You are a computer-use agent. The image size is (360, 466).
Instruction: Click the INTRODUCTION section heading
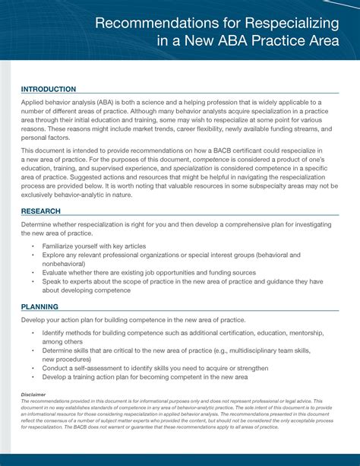click(x=49, y=89)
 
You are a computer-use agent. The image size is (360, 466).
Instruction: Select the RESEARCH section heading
click(x=41, y=211)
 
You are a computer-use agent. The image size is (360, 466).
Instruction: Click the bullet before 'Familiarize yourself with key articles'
click(x=33, y=247)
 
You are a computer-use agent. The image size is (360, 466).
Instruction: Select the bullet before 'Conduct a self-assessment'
click(x=33, y=367)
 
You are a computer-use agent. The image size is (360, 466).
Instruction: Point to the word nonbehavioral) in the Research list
click(x=65, y=265)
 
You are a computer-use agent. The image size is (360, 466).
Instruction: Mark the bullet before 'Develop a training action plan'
click(x=33, y=376)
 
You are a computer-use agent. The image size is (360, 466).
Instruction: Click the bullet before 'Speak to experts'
click(x=33, y=281)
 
